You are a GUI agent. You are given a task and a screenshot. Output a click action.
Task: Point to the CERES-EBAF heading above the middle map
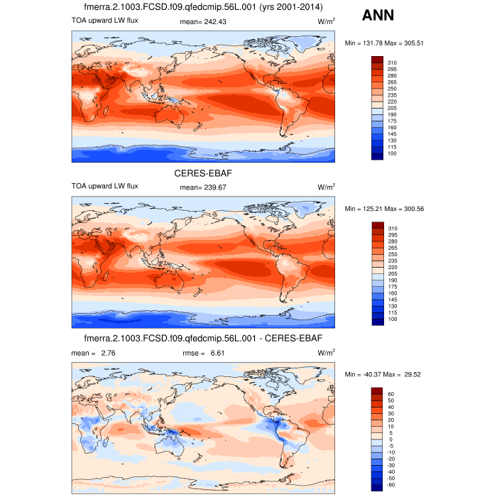point(204,173)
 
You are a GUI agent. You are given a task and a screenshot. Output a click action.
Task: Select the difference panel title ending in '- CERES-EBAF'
point(204,339)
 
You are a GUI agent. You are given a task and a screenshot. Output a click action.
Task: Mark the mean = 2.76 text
point(94,352)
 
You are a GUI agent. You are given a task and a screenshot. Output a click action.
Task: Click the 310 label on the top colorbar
point(393,63)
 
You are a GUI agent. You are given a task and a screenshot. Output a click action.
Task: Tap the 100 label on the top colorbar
point(393,154)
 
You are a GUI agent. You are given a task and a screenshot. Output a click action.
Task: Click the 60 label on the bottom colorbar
point(391,394)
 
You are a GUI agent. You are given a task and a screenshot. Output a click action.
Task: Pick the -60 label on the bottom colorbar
point(392,485)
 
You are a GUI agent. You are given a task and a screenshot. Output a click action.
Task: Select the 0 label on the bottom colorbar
point(390,439)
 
